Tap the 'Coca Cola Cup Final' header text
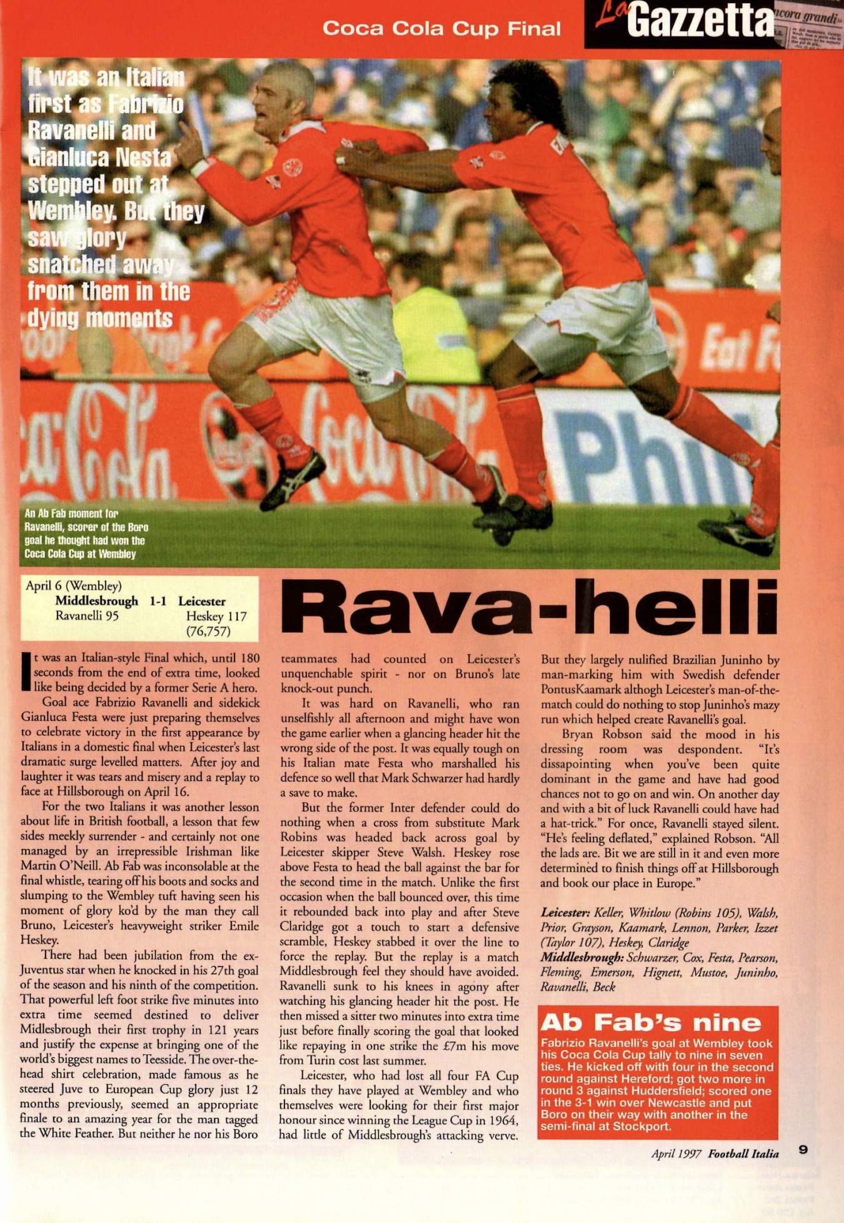(x=441, y=28)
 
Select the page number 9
(x=803, y=1149)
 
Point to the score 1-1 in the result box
(x=158, y=601)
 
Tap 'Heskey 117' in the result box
(x=216, y=616)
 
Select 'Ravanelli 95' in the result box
(x=87, y=616)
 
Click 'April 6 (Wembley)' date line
(x=74, y=586)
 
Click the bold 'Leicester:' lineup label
(x=565, y=913)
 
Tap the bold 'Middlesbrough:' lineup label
(x=582, y=958)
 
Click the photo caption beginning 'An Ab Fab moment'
(x=86, y=533)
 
